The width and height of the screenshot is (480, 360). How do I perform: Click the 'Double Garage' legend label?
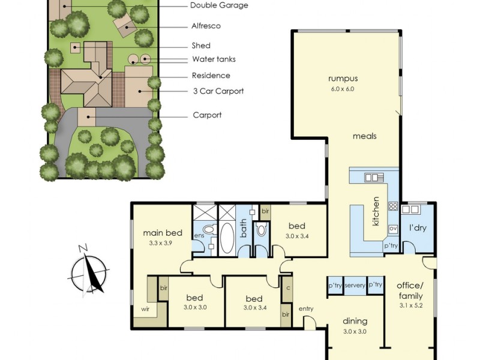pyautogui.click(x=218, y=5)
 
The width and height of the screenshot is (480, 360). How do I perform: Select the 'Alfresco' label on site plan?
pyautogui.click(x=206, y=26)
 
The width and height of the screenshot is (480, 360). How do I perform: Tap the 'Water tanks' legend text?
pyautogui.click(x=214, y=59)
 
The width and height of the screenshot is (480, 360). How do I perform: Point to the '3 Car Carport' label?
pyautogui.click(x=217, y=92)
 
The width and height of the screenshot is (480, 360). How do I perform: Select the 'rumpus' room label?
pyautogui.click(x=343, y=79)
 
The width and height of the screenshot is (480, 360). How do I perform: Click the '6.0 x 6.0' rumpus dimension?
pyautogui.click(x=343, y=89)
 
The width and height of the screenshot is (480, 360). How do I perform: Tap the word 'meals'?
pyautogui.click(x=364, y=136)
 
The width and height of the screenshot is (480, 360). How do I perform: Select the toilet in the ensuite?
pyautogui.click(x=208, y=229)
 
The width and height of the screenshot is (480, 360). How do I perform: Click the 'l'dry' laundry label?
pyautogui.click(x=418, y=229)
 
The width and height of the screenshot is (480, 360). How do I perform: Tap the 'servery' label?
pyautogui.click(x=355, y=286)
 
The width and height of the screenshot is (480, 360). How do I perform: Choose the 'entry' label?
pyautogui.click(x=306, y=309)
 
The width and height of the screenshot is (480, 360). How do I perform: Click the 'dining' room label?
pyautogui.click(x=355, y=321)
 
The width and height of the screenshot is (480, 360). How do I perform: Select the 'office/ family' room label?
pyautogui.click(x=410, y=290)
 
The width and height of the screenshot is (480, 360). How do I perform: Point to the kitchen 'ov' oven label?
pyautogui.click(x=394, y=229)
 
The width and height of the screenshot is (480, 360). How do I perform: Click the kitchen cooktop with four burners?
pyautogui.click(x=394, y=206)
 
